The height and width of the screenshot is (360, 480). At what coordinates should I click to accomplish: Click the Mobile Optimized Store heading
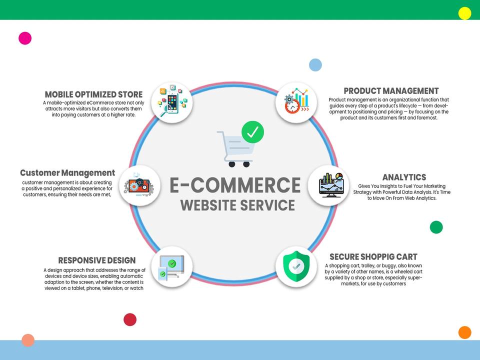pos(93,94)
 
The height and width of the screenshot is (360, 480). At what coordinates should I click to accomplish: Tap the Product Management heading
pos(391,91)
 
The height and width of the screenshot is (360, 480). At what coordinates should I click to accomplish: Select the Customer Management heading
pos(67,173)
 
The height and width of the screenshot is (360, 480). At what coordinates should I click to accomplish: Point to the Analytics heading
pos(404,177)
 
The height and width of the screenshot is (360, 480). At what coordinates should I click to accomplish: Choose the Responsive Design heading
pos(97,260)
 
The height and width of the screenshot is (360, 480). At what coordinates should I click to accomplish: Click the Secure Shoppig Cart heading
pos(373,257)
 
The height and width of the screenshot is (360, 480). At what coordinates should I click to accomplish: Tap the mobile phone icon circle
pos(171,102)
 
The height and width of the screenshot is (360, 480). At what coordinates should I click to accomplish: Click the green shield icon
pos(296,266)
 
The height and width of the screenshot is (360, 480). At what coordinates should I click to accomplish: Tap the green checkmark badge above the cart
pos(252,132)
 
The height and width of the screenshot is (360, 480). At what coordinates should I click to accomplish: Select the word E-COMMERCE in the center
pos(235,185)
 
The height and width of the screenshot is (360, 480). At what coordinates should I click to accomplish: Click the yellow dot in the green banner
pos(465,13)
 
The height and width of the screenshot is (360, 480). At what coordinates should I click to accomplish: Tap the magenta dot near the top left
pos(25,38)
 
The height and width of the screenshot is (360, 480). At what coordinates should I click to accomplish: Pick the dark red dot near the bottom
pos(130,319)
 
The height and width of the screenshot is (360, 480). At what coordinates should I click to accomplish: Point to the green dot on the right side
pos(436,227)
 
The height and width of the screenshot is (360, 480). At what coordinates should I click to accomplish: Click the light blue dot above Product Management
pos(315,64)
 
